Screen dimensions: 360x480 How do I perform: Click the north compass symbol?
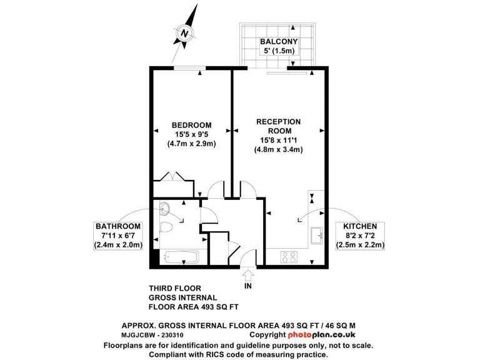[184, 32]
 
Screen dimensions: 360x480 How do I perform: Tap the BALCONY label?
[278, 42]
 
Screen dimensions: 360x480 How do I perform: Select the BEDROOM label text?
[191, 125]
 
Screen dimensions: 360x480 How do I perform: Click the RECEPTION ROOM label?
[279, 126]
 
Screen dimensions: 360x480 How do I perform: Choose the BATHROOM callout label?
[118, 226]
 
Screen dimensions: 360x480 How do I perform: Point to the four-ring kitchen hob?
[290, 256]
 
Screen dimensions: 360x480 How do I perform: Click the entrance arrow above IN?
[248, 275]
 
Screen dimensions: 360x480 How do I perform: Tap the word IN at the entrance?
[249, 286]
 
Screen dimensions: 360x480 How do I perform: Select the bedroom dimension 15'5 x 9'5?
[191, 134]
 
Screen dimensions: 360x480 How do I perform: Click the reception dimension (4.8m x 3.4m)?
[279, 150]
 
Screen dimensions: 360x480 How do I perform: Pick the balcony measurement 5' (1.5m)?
[278, 52]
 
